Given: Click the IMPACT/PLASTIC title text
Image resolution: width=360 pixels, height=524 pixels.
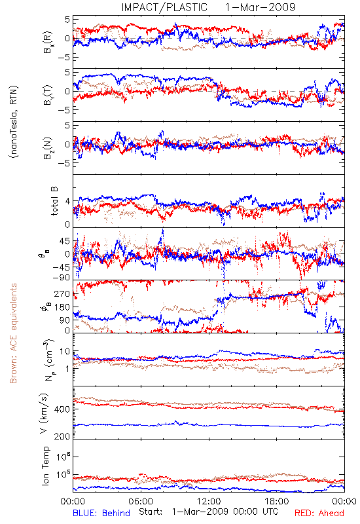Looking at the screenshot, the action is (164, 7).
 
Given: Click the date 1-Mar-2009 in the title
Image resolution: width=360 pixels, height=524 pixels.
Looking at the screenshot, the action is (260, 7).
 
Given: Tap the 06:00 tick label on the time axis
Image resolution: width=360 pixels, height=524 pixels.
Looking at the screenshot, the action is (141, 501).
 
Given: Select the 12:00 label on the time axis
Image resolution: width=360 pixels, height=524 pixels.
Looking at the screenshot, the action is (209, 501).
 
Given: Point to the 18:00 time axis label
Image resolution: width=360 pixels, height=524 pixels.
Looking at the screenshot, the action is (277, 501).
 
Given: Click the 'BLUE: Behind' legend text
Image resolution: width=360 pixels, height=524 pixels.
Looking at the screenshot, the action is (101, 513).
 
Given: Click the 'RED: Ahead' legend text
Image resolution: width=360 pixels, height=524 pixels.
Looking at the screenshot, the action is (319, 513).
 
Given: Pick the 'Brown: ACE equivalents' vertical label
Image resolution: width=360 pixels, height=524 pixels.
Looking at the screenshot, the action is (13, 333).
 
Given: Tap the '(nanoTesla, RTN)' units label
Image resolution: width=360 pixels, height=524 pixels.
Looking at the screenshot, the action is (14, 122).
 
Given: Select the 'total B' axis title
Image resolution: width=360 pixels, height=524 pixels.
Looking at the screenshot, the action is (54, 201).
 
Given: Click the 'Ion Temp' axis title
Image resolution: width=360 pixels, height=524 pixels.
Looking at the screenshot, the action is (46, 466).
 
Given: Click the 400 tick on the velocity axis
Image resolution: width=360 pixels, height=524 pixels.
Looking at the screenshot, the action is (62, 409).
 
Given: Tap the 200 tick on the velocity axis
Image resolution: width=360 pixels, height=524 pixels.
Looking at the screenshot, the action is (62, 436).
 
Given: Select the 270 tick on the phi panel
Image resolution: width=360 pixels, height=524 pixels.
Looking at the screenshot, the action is (62, 293).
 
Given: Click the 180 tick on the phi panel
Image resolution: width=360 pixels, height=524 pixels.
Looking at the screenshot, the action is (62, 307).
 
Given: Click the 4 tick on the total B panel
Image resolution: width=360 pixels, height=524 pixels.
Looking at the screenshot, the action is (68, 202).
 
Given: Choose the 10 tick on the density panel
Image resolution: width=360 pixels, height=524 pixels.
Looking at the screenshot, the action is (65, 352).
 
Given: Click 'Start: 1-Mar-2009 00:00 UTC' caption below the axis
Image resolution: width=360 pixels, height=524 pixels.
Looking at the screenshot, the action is (209, 512).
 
